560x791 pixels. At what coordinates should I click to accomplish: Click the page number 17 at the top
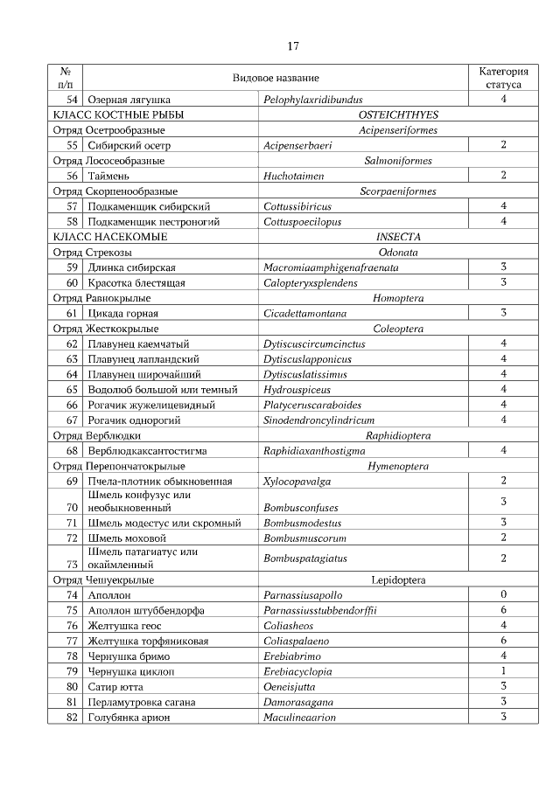(293, 45)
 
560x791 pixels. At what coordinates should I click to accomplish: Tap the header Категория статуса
(503, 78)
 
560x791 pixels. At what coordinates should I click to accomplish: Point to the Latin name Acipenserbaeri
(300, 145)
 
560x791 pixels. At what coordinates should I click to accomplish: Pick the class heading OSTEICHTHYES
(398, 114)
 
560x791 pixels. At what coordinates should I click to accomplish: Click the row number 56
(73, 176)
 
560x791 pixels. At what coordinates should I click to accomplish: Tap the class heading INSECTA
(398, 237)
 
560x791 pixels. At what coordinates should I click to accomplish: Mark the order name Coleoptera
(398, 329)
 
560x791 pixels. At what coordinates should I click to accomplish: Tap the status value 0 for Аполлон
(503, 595)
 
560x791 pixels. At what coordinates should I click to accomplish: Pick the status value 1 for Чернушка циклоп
(503, 671)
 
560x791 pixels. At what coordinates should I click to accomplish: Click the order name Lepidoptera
(398, 579)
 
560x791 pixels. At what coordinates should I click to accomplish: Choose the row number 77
(73, 641)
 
